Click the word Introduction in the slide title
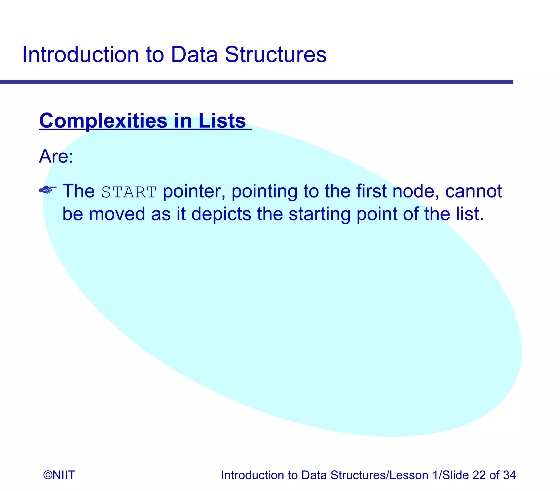coord(80,54)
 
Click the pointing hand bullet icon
coord(48,190)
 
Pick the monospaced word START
coord(129,192)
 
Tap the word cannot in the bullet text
coord(474,191)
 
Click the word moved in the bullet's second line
coord(117,214)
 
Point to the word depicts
coord(221,214)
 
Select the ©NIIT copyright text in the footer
coord(59,475)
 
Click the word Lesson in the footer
coord(409,475)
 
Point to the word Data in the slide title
coord(194,54)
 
